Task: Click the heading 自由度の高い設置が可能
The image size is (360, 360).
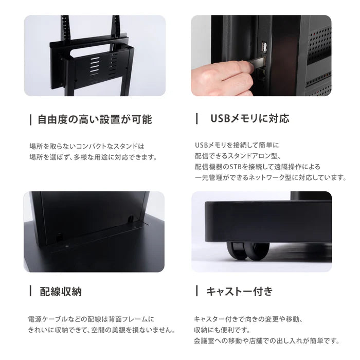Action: (95, 120)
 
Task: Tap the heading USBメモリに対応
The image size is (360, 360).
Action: (249, 118)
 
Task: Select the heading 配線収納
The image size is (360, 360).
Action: (61, 292)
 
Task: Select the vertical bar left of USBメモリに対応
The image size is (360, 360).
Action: (196, 118)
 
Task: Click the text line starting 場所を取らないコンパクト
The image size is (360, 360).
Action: (87, 146)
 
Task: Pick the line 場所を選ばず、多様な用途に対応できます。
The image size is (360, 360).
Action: (93, 157)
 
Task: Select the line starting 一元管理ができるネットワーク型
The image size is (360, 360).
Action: (270, 177)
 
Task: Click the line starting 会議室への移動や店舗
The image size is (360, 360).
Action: (266, 340)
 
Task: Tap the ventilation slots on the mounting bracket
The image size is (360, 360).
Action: (96, 65)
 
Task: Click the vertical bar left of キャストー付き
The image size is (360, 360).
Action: (196, 292)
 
